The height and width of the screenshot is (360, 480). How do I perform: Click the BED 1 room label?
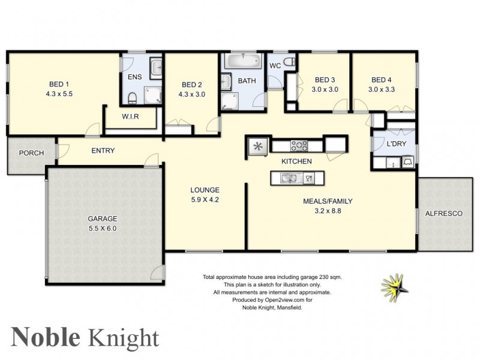point(59,84)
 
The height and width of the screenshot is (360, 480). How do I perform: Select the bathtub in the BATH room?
point(244,61)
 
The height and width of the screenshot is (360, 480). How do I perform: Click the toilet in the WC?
point(289,62)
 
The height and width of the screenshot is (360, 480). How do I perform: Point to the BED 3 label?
point(324,80)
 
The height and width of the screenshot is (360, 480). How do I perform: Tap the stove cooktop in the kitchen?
point(299,145)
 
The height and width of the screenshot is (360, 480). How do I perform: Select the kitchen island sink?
point(290,178)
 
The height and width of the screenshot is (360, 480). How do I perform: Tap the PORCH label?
point(31,153)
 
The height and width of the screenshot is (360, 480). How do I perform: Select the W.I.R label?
point(130,117)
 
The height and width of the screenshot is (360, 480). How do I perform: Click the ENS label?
point(134,77)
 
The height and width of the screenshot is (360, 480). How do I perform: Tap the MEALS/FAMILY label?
point(327,201)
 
